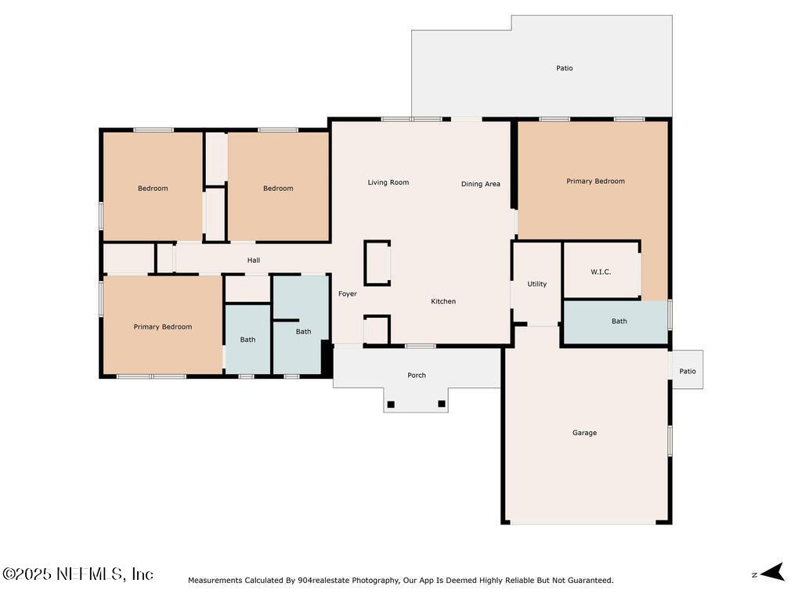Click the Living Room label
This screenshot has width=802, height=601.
coord(388,182)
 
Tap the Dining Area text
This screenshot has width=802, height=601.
coord(480,184)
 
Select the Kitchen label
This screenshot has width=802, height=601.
coord(443,301)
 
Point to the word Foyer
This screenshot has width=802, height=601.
coord(348,294)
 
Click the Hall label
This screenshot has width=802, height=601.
coord(254,261)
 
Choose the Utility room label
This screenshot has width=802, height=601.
coord(536,284)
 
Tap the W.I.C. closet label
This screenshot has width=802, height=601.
coord(601,272)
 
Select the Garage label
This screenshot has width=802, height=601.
coord(584,433)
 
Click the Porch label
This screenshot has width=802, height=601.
coord(417,376)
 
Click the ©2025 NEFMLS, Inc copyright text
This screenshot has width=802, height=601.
coord(78,574)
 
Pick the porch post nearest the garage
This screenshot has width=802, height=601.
coord(442,404)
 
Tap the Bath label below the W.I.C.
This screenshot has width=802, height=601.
coord(619,321)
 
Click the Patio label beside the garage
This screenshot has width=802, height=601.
coord(688,372)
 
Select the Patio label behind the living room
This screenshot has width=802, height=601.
coord(565,68)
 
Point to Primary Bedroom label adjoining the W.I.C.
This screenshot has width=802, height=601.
coord(595,181)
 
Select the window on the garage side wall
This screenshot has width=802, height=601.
coord(670,441)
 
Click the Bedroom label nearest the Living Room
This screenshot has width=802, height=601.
coord(278,188)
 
